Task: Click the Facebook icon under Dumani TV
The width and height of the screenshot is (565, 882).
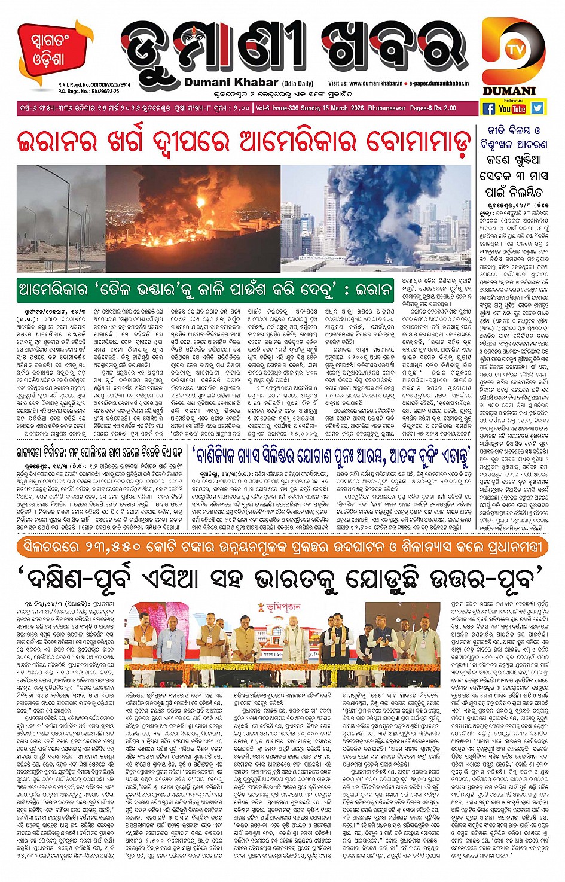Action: [488, 108]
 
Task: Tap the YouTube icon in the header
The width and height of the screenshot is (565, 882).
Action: [512, 109]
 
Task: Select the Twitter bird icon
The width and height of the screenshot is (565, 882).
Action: [537, 108]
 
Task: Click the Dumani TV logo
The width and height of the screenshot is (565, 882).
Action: [514, 56]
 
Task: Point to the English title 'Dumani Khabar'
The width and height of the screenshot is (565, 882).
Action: [231, 82]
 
